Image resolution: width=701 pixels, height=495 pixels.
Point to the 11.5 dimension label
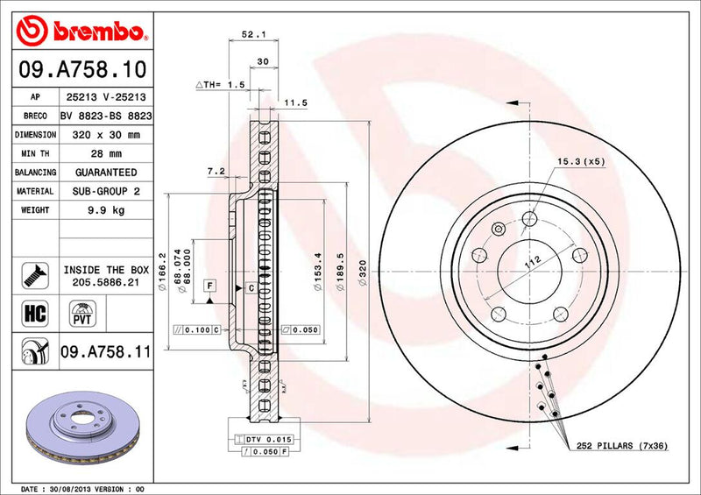[x=295, y=103]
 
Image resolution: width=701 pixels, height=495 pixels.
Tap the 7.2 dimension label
[x=217, y=171]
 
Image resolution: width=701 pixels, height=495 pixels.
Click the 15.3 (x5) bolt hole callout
[x=580, y=161]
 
